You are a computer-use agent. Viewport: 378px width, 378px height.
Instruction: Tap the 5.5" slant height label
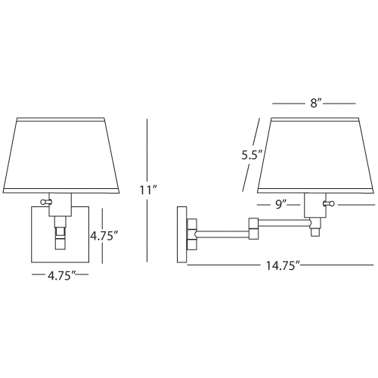[x=253, y=155]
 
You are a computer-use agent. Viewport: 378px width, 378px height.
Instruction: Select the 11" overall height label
[x=149, y=190]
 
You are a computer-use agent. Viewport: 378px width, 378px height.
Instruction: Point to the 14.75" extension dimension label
[x=283, y=265]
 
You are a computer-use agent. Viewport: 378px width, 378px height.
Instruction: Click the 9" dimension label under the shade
[x=281, y=205]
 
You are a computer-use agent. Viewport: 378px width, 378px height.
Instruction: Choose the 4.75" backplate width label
[x=62, y=276]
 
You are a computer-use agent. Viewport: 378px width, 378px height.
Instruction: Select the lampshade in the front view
[x=60, y=155]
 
